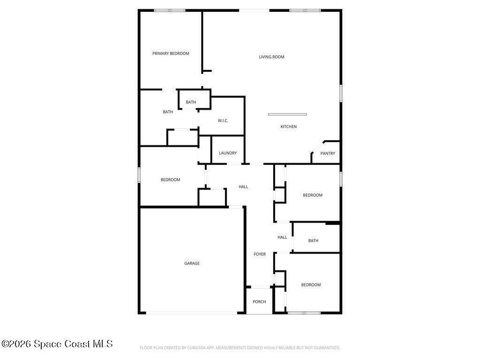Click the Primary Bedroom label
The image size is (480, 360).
(x=171, y=53)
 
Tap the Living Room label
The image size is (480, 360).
(x=271, y=57)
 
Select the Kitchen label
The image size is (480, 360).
(x=288, y=127)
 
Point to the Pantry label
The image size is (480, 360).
(x=328, y=153)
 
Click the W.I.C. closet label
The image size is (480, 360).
(x=223, y=120)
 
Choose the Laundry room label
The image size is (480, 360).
(x=228, y=153)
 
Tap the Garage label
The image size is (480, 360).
(x=192, y=263)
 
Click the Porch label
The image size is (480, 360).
(x=259, y=301)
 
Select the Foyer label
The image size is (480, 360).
(x=260, y=254)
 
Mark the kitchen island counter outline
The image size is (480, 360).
(x=287, y=114)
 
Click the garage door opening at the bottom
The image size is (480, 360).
(x=192, y=313)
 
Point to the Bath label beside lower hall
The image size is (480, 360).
(x=313, y=240)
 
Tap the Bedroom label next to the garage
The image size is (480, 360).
(x=171, y=180)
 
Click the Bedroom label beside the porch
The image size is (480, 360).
(x=311, y=285)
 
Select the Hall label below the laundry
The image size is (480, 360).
(x=243, y=187)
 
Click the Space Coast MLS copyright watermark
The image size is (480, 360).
(x=57, y=344)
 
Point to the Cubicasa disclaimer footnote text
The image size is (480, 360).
(x=240, y=348)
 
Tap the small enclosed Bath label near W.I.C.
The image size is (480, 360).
(x=191, y=102)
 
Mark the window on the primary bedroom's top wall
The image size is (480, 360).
(x=170, y=10)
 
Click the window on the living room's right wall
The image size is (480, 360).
(x=341, y=93)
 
